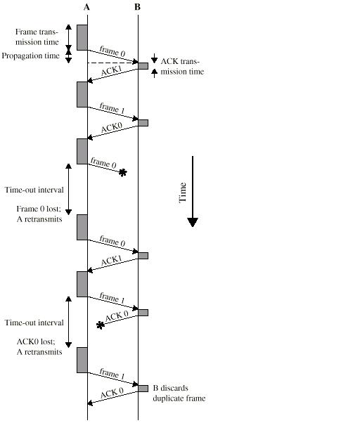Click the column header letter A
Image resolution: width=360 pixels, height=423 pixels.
coord(86,7)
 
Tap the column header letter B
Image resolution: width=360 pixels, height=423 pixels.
coord(137,7)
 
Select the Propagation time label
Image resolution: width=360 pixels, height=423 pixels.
coord(30,56)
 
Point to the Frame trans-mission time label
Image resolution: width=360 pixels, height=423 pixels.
coord(37,37)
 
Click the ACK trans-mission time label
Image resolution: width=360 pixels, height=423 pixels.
coord(182,66)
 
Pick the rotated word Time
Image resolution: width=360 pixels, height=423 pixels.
coord(183,193)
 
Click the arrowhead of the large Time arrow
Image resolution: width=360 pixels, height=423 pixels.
coord(193,222)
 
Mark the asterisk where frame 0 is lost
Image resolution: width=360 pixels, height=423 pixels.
coord(123,173)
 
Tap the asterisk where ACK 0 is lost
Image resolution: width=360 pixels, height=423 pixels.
coord(101,325)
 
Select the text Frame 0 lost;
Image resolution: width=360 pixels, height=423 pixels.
coord(39,209)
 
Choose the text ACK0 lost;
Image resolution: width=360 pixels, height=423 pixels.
coord(36,341)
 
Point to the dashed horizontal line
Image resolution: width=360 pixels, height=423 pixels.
coord(112,63)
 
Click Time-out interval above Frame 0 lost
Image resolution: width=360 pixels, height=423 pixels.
coord(34,190)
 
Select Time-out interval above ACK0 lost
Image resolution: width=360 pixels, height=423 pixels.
coord(34,323)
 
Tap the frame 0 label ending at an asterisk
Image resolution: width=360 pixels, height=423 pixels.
coord(103,163)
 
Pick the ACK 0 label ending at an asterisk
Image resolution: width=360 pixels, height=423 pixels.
coord(117,316)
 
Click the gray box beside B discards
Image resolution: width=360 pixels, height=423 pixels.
coord(143,389)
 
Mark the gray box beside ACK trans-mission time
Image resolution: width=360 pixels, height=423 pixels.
coord(143,66)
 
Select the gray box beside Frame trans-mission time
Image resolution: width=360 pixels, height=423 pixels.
coord(82,37)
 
